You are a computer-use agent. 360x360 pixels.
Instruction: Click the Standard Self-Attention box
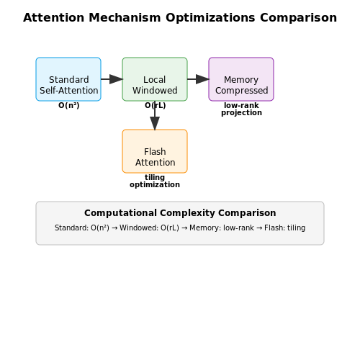[68, 79]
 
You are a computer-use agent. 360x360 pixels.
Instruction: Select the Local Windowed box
[155, 79]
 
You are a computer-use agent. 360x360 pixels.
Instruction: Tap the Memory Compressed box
[241, 79]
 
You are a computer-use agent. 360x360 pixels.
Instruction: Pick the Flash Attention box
[155, 151]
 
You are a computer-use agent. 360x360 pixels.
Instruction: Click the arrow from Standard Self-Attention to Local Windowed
[112, 79]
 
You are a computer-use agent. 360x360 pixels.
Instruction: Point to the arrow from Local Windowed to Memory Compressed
[198, 79]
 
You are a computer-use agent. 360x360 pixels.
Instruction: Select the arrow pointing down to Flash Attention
[155, 115]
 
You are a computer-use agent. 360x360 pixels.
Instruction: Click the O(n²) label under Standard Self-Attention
[69, 105]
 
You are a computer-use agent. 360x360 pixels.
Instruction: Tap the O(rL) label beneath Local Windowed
[156, 105]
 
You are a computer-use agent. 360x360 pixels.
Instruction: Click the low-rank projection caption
[241, 109]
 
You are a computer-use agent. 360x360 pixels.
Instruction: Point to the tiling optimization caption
[155, 181]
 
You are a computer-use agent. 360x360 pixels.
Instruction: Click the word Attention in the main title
[54, 18]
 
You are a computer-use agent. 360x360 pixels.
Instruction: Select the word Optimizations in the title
[210, 18]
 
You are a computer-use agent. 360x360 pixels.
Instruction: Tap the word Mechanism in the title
[125, 18]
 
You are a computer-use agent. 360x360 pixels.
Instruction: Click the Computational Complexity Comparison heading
[180, 213]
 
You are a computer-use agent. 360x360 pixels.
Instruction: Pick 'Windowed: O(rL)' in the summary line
[149, 228]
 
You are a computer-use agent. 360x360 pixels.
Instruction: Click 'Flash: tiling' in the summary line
[285, 228]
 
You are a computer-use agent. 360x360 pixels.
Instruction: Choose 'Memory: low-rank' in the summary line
[222, 228]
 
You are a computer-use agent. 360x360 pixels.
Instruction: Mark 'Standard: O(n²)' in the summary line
[82, 228]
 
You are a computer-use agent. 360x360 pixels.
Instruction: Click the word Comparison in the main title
[299, 18]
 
